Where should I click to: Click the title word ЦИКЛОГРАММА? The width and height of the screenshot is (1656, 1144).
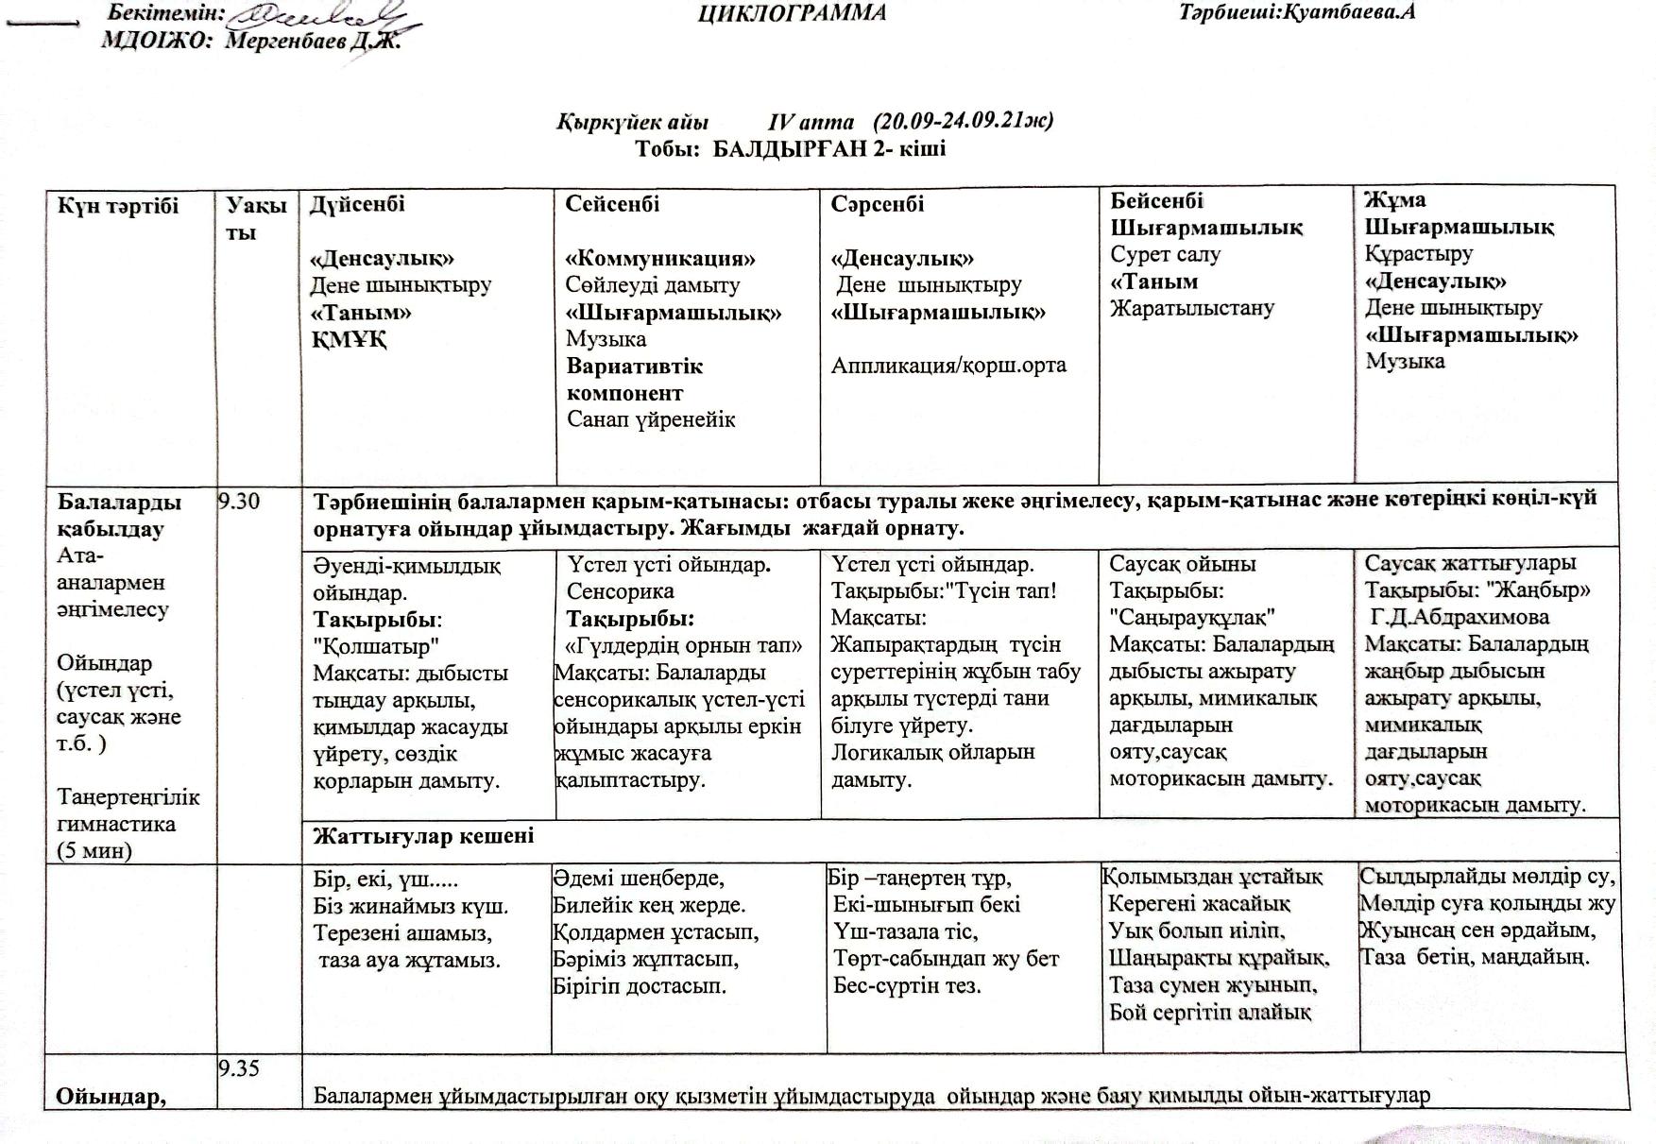point(792,13)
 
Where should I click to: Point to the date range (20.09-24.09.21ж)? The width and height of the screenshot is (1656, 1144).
point(963,122)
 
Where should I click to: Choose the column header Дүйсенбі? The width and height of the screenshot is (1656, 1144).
point(357,204)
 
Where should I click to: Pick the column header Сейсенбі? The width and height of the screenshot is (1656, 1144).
point(612,204)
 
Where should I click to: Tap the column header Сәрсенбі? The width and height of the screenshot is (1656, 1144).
point(878,204)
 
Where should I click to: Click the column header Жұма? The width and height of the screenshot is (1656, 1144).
point(1394,199)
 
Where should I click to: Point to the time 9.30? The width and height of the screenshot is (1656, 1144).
point(239,502)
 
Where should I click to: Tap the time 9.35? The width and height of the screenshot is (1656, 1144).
point(239,1068)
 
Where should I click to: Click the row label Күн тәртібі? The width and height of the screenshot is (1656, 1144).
point(118,206)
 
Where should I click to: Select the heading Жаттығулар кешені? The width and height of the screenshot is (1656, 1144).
point(423,836)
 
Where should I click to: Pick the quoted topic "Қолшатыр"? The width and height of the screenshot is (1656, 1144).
point(376,647)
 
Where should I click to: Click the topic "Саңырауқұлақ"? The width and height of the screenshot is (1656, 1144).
point(1192,618)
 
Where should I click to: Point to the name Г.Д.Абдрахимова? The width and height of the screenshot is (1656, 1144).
point(1460,618)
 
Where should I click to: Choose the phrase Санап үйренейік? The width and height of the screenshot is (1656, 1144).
point(651,419)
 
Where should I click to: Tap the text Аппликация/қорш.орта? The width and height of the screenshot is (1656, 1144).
point(948,366)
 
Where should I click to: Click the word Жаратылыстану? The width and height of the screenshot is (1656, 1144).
point(1192,308)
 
